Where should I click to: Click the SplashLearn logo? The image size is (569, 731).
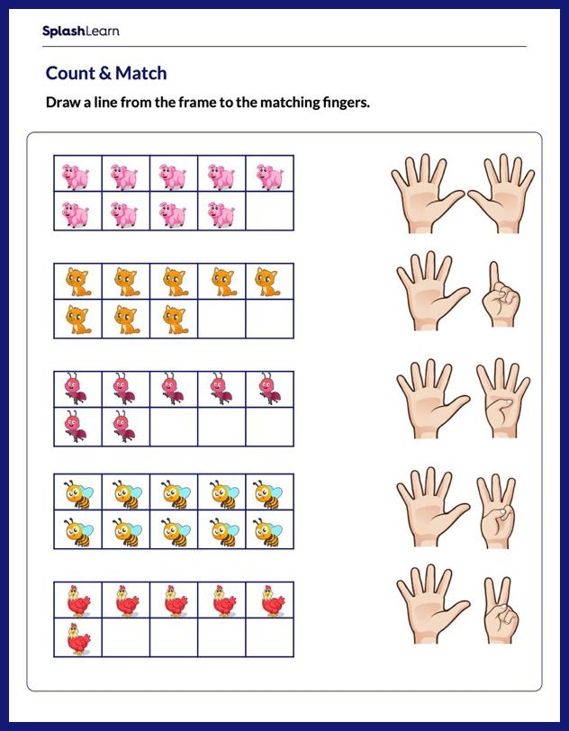click(x=80, y=32)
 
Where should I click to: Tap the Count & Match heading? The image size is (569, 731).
click(x=106, y=73)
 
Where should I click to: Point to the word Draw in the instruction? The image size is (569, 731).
click(x=64, y=103)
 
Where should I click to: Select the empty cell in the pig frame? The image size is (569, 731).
click(x=269, y=214)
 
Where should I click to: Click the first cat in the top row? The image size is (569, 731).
click(x=77, y=282)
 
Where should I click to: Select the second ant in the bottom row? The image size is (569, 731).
click(x=125, y=426)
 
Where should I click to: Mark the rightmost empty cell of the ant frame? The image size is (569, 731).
click(x=269, y=427)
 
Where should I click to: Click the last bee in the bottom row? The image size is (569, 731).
click(x=269, y=531)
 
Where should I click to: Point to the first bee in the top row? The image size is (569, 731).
click(x=77, y=492)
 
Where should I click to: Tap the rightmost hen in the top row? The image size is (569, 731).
click(x=270, y=600)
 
